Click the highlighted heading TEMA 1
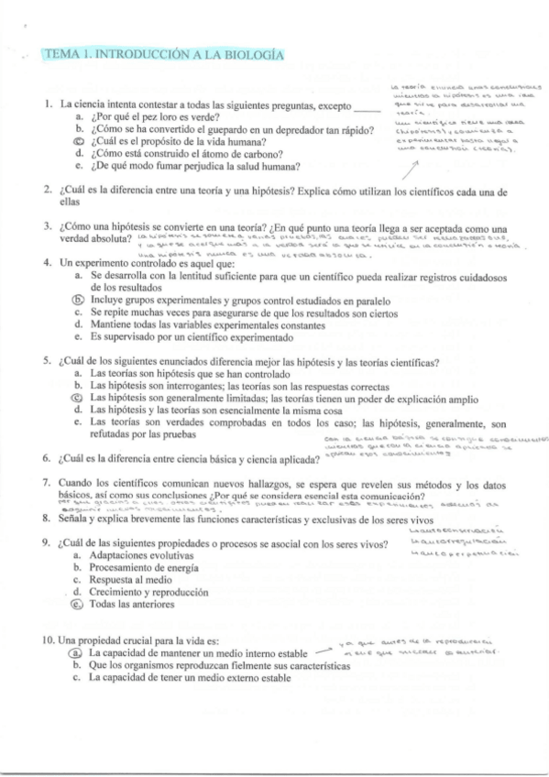pos(163,55)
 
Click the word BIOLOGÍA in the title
pos(247,55)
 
